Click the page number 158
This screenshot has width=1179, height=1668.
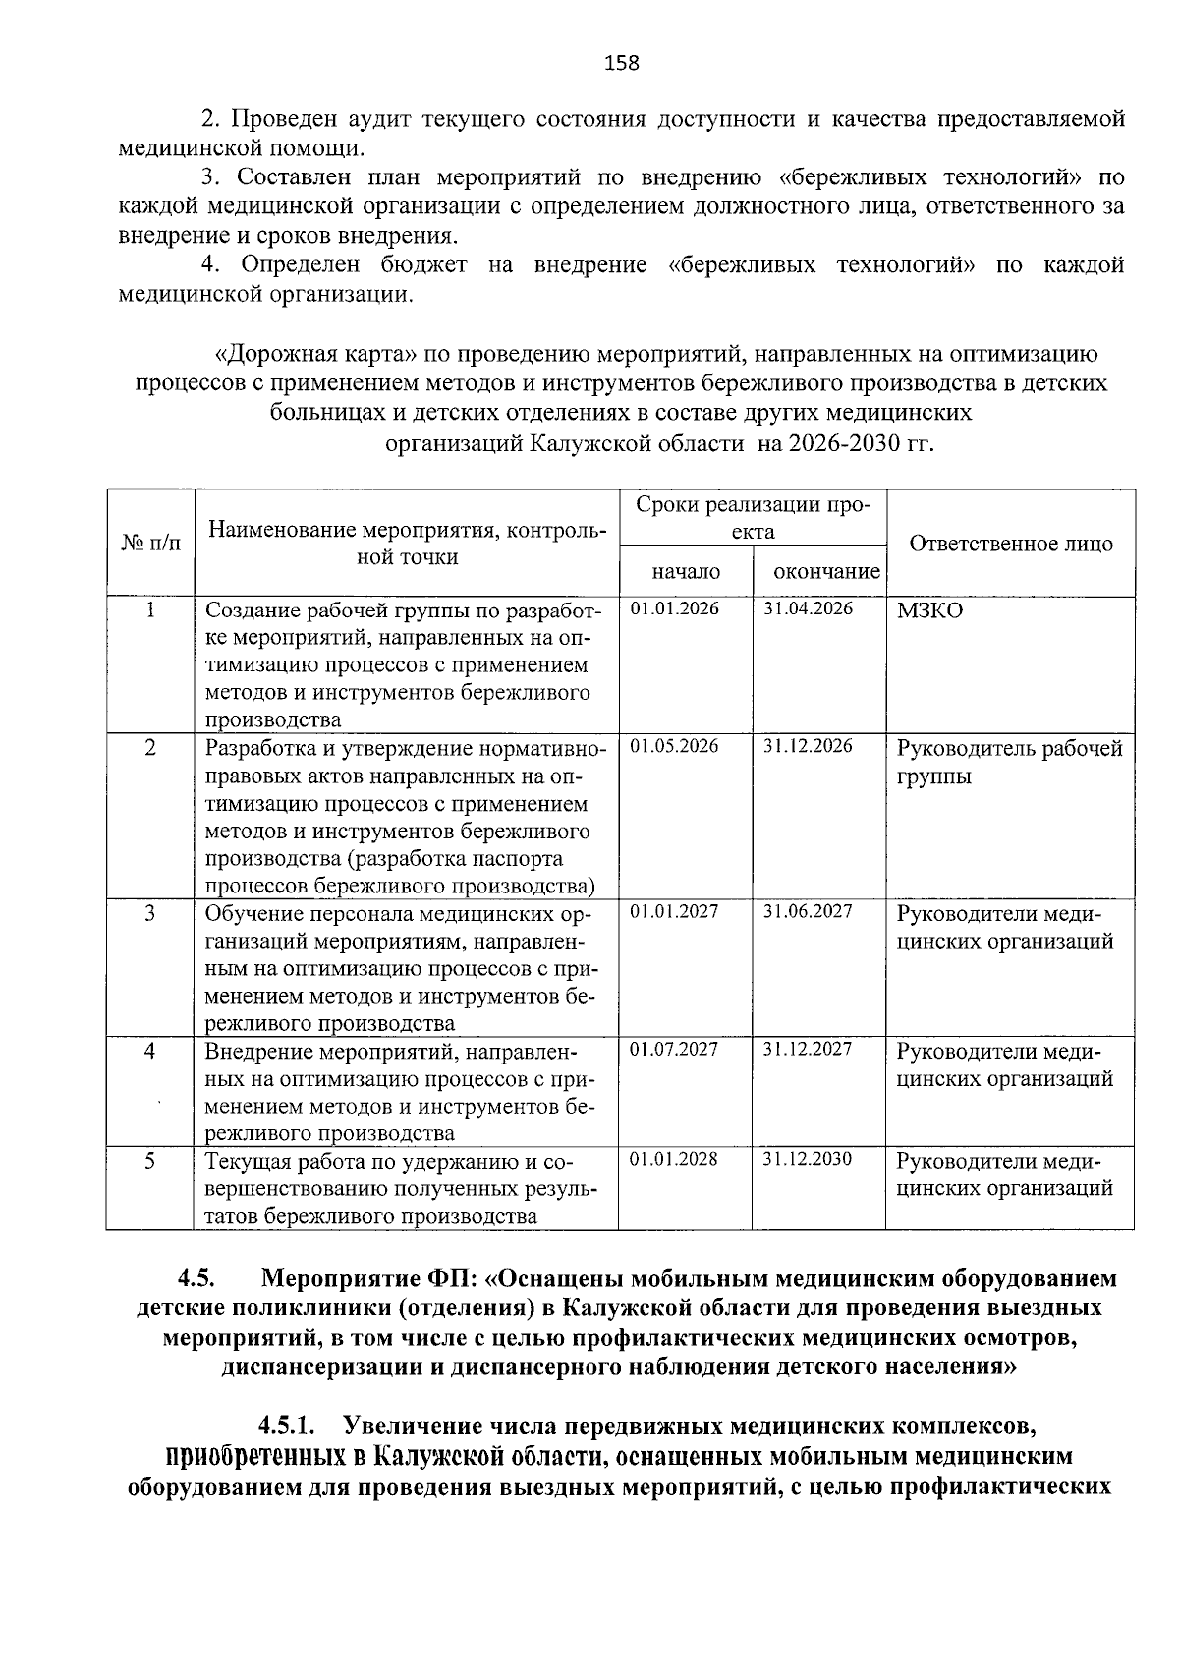[621, 64]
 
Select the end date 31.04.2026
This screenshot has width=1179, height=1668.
[809, 608]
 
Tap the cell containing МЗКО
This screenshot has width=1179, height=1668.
[929, 611]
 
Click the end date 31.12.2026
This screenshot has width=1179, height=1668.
[809, 746]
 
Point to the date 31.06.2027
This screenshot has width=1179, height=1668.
[809, 911]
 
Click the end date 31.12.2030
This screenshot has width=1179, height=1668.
[809, 1159]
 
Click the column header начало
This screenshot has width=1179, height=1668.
[685, 572]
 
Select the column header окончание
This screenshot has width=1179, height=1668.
[826, 572]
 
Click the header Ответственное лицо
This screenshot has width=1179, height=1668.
[1011, 544]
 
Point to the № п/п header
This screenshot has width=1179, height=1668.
[150, 544]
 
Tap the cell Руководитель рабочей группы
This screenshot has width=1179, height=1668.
[1009, 763]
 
